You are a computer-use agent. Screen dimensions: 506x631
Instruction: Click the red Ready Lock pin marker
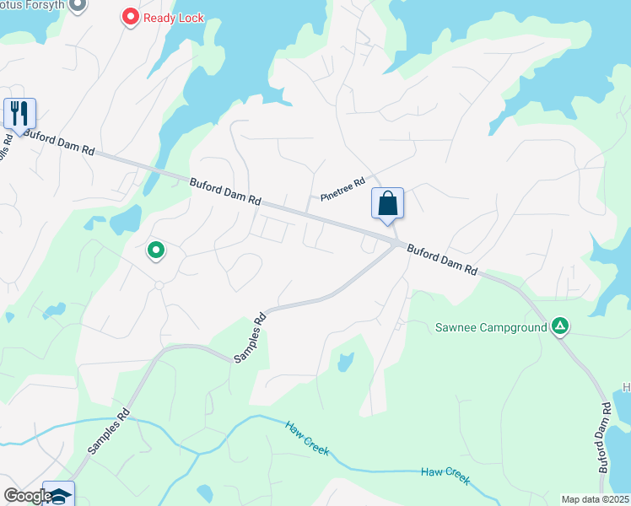(x=130, y=16)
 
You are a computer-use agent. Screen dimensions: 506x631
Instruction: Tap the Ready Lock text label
(x=174, y=16)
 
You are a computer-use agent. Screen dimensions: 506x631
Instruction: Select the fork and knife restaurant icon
(x=19, y=113)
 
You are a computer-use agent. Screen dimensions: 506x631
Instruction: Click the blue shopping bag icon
(x=387, y=203)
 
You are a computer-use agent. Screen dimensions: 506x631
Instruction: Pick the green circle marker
(x=155, y=250)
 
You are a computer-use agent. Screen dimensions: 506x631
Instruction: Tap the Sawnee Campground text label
(x=492, y=326)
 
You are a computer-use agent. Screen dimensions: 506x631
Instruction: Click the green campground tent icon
(x=559, y=326)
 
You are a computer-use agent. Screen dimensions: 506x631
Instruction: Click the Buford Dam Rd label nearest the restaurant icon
(x=59, y=142)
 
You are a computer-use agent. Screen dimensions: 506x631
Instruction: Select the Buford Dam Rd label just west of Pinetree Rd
(x=225, y=191)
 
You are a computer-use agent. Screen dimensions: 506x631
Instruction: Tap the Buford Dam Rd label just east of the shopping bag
(x=442, y=260)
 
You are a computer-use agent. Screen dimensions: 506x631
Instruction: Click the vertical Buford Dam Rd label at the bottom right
(x=605, y=436)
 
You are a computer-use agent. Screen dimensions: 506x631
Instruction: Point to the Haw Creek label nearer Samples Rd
(x=307, y=438)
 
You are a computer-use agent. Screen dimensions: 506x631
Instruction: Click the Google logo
(x=27, y=496)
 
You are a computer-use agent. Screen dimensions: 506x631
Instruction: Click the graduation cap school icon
(x=59, y=495)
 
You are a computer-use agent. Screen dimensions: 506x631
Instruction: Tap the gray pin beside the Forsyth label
(x=78, y=6)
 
